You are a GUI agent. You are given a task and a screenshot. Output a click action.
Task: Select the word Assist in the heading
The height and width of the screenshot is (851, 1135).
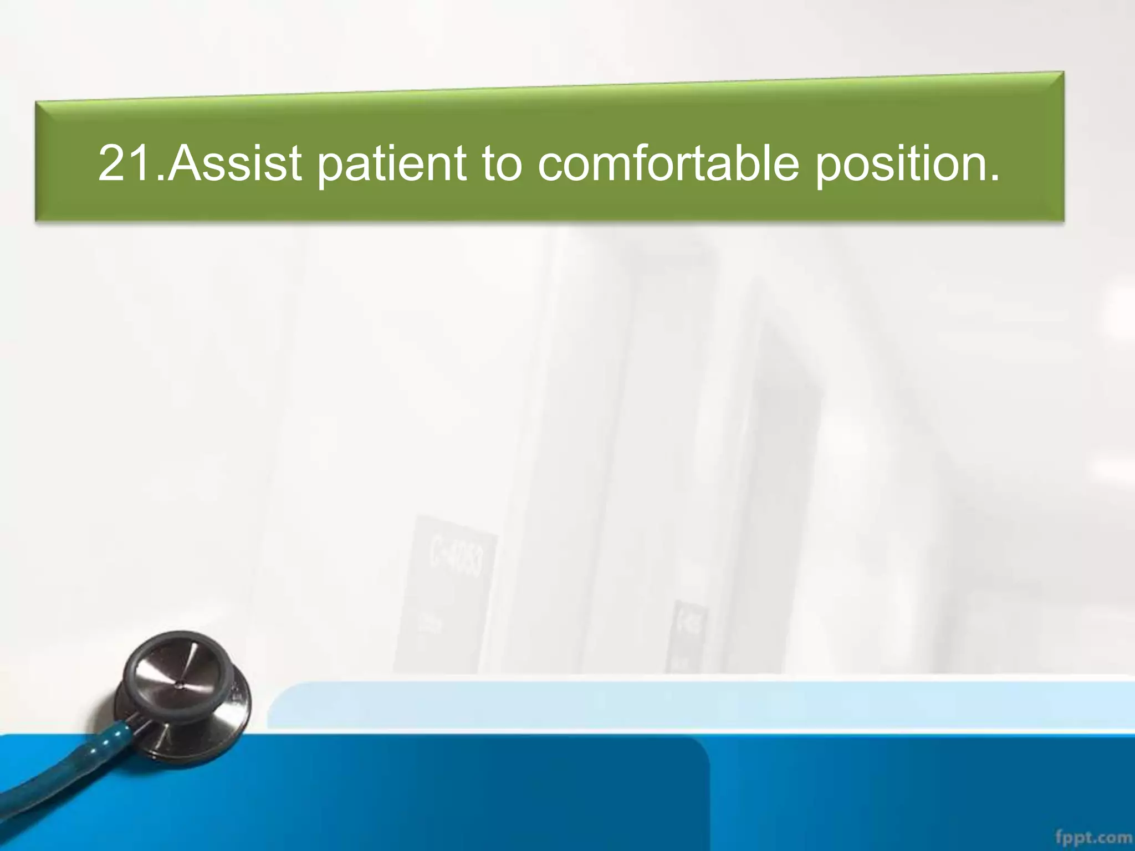[235, 163]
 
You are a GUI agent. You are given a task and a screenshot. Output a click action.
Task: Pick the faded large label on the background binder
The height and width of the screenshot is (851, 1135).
[454, 560]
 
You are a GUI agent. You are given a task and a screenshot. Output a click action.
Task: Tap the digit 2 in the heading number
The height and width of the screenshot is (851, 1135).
[111, 163]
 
